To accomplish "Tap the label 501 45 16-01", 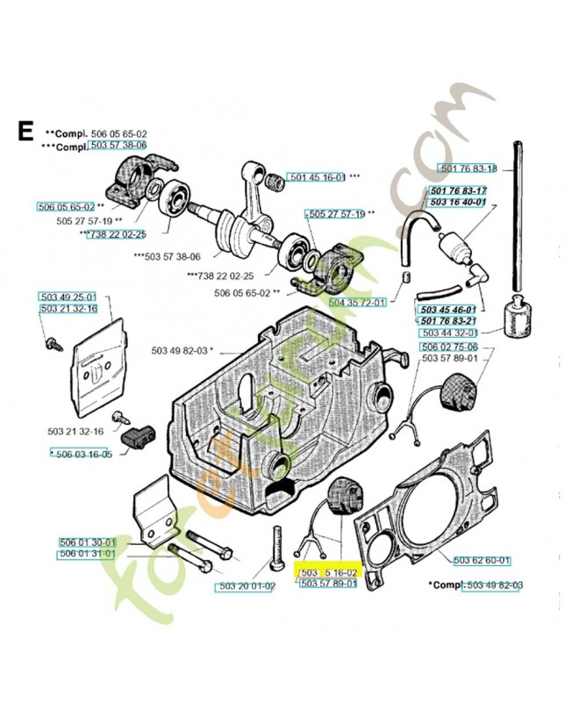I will (317, 177).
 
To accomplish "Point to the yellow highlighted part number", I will (325, 571).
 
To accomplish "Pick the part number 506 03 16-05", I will (83, 454).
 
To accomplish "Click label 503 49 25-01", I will (68, 297).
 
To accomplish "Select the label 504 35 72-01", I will (357, 302).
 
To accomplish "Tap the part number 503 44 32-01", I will (448, 333).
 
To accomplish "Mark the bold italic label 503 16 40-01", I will (456, 202).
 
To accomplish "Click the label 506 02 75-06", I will (448, 347).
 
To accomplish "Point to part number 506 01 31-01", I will (87, 554).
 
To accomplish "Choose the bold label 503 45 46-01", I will (447, 310).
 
